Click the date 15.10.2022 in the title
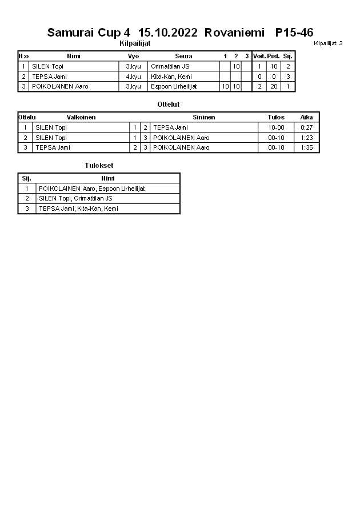tap(168, 33)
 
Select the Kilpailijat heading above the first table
tap(135, 43)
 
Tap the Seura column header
tap(183, 56)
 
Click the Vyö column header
tap(134, 56)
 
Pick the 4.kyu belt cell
tap(133, 77)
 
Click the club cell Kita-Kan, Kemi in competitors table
tap(171, 77)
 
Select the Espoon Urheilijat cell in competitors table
tap(174, 86)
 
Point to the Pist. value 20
tap(274, 86)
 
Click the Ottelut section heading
tap(168, 105)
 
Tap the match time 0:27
tap(306, 127)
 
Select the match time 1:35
tap(306, 147)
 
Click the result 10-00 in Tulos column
tap(276, 127)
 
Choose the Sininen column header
tap(204, 117)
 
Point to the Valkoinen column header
tap(81, 117)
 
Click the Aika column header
tap(306, 117)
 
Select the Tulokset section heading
tap(95, 166)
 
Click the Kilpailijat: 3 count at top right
tap(328, 43)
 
